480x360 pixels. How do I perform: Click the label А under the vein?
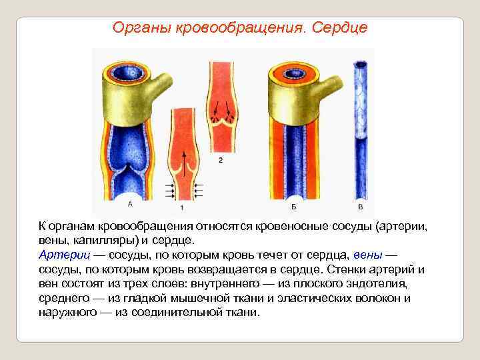pyautogui.click(x=129, y=204)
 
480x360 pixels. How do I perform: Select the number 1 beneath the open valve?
pyautogui.click(x=182, y=209)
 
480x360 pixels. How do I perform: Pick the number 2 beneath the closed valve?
pyautogui.click(x=221, y=160)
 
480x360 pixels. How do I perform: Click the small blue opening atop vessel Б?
pyautogui.click(x=293, y=72)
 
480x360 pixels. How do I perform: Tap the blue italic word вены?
pyautogui.click(x=367, y=255)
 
